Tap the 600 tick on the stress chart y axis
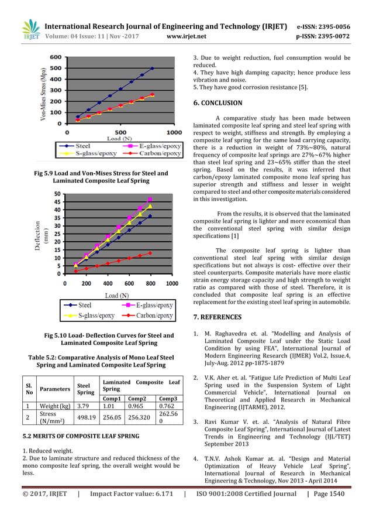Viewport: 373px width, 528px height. (x=55, y=57)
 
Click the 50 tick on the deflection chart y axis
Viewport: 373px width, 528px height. (x=57, y=194)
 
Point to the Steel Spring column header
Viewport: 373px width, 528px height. (x=86, y=389)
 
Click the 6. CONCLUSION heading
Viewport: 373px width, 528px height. (x=217, y=103)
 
